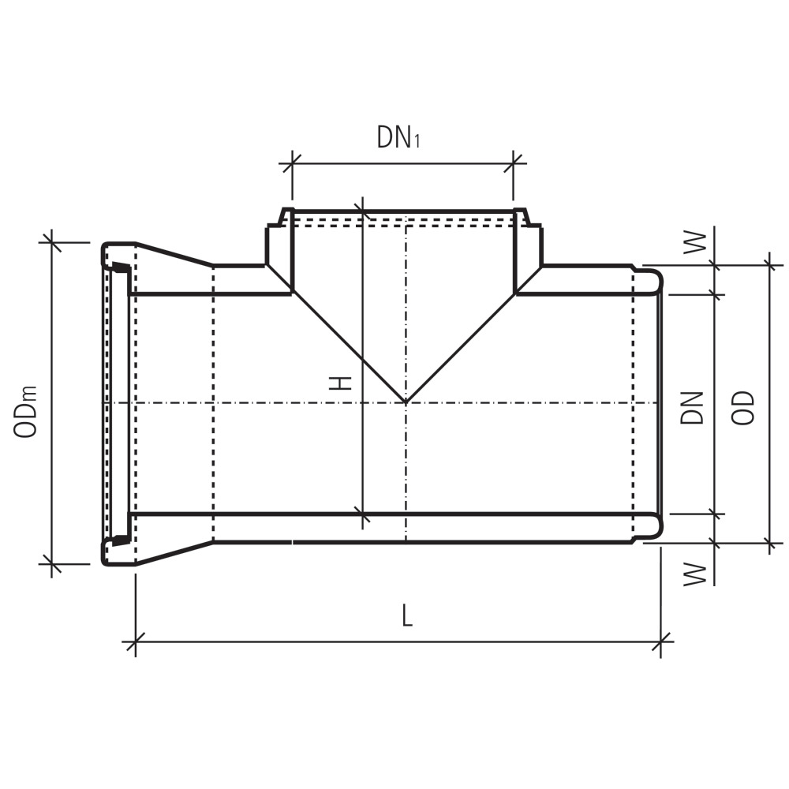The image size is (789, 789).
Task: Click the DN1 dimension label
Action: point(398,137)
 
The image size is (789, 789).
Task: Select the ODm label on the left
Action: point(26,412)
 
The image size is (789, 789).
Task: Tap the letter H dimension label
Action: point(340,384)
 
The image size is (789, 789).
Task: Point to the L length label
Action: point(407,615)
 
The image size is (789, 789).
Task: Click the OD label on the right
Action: point(742,409)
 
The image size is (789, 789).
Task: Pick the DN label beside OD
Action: point(691,408)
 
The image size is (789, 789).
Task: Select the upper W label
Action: point(695,242)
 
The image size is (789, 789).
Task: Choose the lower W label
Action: point(695,574)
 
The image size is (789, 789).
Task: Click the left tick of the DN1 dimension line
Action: point(292,163)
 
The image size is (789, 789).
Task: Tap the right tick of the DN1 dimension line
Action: point(514,163)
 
